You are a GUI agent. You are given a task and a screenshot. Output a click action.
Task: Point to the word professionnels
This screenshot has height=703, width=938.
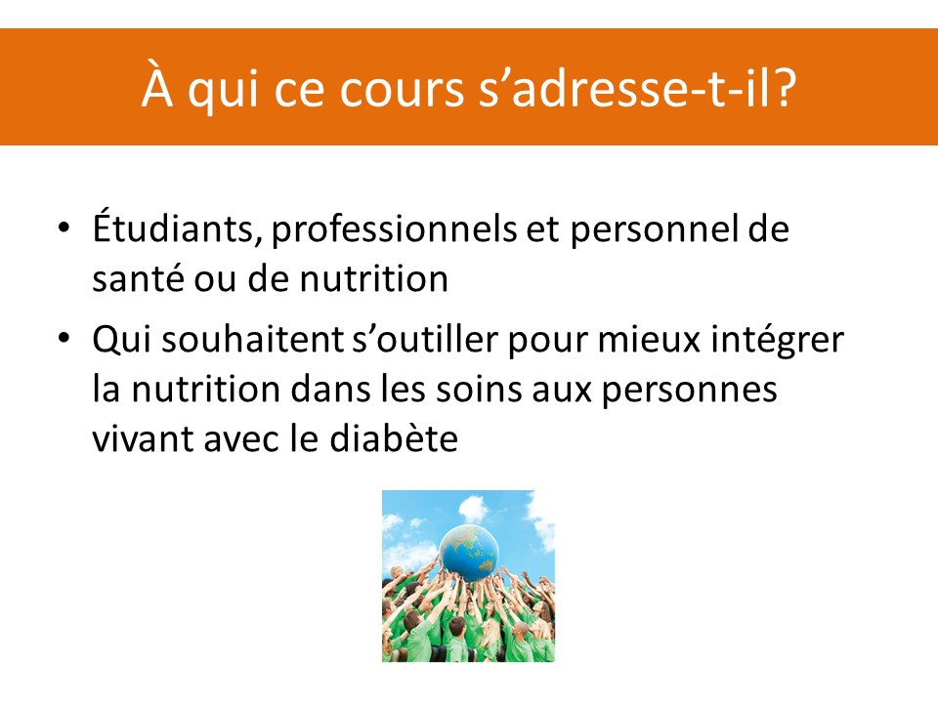click(x=394, y=229)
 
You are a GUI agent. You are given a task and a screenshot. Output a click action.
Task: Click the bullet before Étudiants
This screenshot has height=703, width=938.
click(x=64, y=227)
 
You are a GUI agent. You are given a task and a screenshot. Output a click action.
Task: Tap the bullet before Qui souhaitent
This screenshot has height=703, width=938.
click(x=64, y=338)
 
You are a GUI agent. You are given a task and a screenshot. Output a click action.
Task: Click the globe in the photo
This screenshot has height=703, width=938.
click(x=468, y=553)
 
